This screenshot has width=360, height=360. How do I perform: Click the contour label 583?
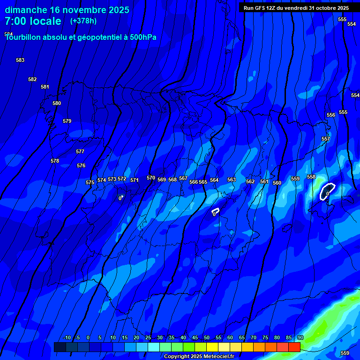20,60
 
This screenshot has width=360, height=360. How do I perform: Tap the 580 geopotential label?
57,103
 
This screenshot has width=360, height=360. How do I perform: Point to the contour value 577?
80,151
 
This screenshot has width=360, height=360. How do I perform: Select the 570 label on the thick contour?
151,178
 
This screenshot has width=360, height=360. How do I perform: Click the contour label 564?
214,180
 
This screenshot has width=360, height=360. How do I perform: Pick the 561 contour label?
264,181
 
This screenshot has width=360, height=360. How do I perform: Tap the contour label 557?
326,139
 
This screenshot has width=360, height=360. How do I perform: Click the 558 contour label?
311,177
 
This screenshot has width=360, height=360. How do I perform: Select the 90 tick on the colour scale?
300,337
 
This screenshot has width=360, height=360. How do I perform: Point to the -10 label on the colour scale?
67,337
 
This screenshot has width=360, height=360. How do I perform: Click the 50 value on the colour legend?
207,337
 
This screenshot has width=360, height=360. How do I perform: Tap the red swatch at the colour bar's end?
294,347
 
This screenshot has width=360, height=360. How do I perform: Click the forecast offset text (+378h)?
83,21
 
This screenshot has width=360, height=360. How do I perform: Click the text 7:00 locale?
33,21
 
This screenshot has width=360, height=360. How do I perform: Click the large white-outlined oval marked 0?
327,191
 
